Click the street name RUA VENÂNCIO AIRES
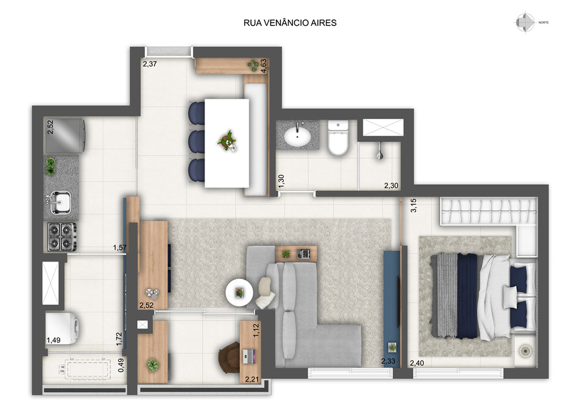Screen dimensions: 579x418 coord(290,23)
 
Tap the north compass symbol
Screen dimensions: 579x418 coord(525,23)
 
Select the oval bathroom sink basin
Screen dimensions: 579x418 coord(297,137)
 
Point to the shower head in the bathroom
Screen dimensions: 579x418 coord(379,153)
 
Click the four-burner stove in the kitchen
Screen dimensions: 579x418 coord(61,237)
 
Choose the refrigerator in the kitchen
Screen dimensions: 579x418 coord(65,136)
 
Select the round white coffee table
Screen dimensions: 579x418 coord(239,293)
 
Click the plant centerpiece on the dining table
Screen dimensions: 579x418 coord(227,141)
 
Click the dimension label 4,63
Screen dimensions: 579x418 coord(263,66)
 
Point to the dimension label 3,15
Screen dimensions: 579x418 coord(413,206)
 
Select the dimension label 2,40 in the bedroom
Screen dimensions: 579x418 coord(417,363)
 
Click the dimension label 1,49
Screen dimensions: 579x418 coord(54,340)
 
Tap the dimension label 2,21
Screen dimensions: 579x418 coord(252,379)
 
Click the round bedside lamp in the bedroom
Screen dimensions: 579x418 coord(525,351)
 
